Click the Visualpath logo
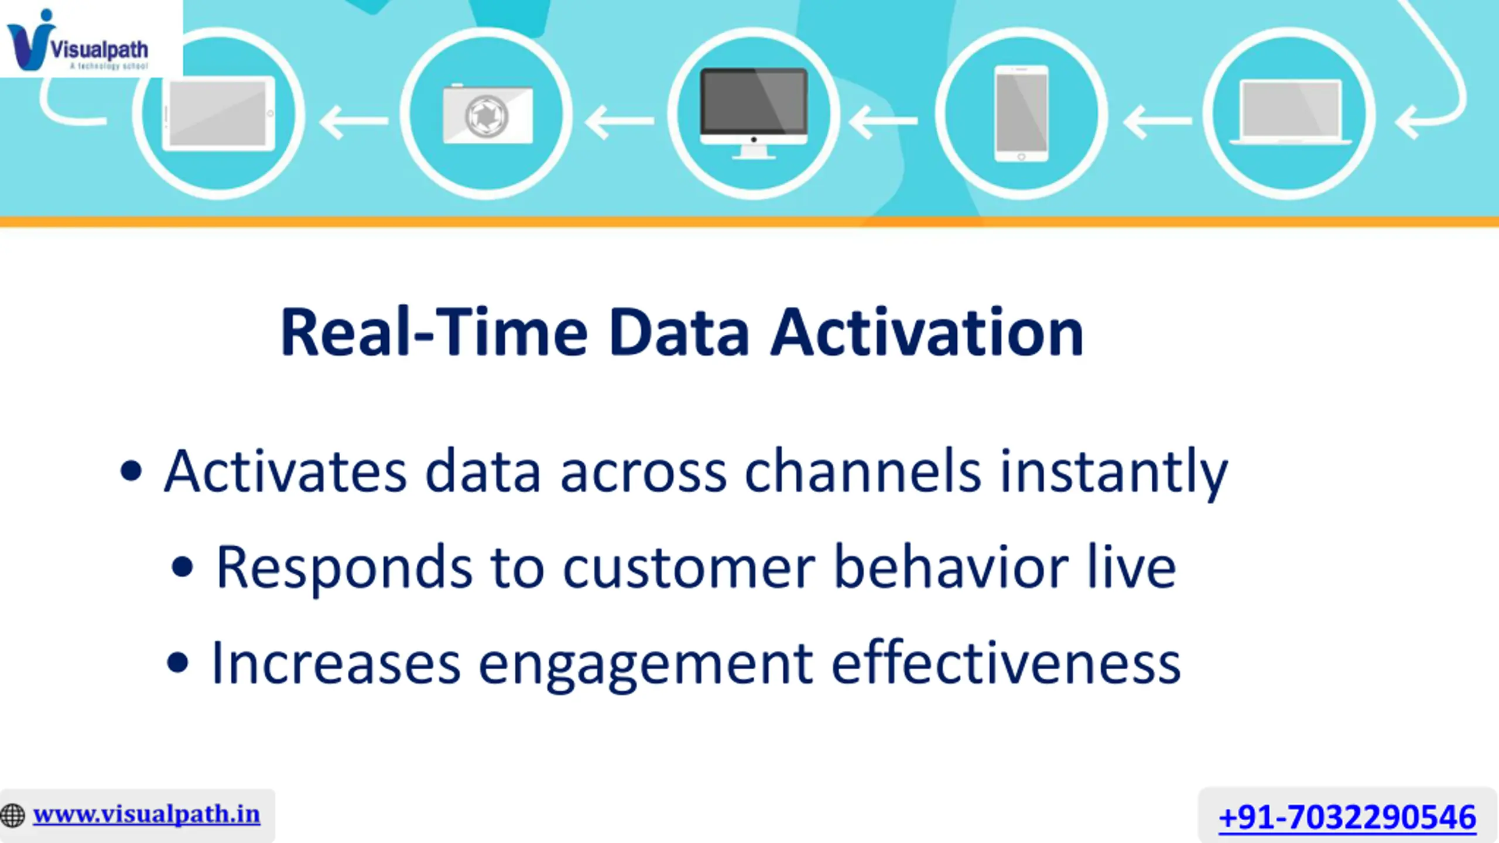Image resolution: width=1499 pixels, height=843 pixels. coord(77,40)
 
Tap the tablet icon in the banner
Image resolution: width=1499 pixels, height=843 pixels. coord(218,114)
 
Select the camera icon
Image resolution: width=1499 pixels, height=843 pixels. coord(488,114)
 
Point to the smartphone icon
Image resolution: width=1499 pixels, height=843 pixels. coord(1022,114)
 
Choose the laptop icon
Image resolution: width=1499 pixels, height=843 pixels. coord(1291,112)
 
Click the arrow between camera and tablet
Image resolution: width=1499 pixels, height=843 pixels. coord(354,121)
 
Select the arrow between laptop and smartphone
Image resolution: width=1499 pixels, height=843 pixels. coord(1157,121)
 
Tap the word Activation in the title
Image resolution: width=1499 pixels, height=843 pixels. coord(928,332)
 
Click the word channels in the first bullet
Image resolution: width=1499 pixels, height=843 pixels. coord(863,471)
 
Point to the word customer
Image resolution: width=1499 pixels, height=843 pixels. coord(689,568)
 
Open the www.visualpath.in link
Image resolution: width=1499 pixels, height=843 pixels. coord(146,814)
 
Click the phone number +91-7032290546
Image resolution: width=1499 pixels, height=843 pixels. coord(1347,817)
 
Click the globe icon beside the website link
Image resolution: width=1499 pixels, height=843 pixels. coord(12,815)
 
